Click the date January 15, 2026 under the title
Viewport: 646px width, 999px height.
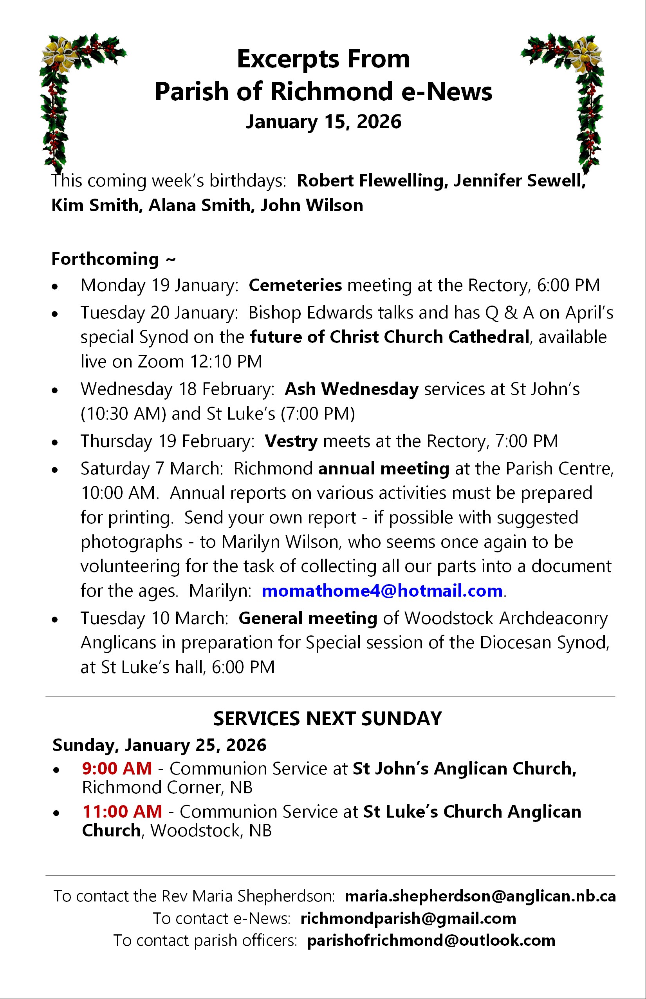[323, 122]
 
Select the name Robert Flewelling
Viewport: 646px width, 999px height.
[370, 181]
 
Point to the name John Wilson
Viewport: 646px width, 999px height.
[311, 206]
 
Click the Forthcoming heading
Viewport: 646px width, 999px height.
[113, 259]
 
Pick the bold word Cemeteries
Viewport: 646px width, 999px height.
[295, 286]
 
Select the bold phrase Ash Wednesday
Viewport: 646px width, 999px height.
[352, 389]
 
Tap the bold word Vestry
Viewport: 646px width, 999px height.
[291, 441]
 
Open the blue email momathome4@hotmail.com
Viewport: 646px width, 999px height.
[382, 591]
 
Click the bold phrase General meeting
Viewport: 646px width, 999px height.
[308, 618]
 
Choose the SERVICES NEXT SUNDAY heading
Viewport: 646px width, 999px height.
[328, 718]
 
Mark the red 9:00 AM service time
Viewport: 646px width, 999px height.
[117, 769]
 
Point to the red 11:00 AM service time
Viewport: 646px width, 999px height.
[122, 811]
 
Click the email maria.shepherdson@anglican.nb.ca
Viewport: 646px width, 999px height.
[480, 896]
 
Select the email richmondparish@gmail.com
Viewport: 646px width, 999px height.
[408, 918]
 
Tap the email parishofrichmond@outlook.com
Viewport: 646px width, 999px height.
[431, 940]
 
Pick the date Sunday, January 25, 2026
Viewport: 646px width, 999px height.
[159, 745]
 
